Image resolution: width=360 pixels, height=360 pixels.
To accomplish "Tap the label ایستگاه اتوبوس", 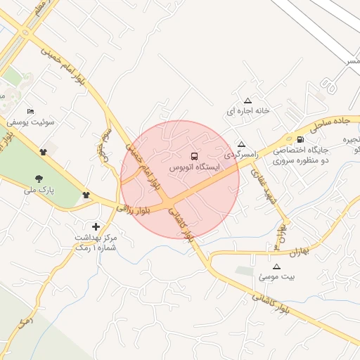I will tap(195, 167).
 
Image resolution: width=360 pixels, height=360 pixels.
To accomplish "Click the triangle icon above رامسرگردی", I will tap(242, 143).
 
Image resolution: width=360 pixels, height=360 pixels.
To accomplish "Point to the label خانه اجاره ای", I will tap(247, 111).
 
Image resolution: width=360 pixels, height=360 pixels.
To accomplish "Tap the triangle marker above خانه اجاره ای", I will tap(247, 101).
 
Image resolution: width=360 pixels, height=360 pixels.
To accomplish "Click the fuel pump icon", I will tap(301, 139).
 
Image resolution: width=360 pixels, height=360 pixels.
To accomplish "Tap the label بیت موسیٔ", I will tap(277, 277).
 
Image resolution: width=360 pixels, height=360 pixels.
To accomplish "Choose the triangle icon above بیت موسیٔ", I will tap(276, 266).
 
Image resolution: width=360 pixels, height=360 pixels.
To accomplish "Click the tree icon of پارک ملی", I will tap(38, 179).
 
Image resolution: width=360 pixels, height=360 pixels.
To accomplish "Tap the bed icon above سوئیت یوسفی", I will tap(30, 111).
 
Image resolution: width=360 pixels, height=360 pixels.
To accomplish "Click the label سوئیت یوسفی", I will tap(31, 122).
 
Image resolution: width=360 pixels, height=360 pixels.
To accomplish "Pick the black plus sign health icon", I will tap(96, 226).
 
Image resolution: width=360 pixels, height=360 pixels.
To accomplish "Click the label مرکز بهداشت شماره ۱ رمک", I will tap(96, 243).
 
